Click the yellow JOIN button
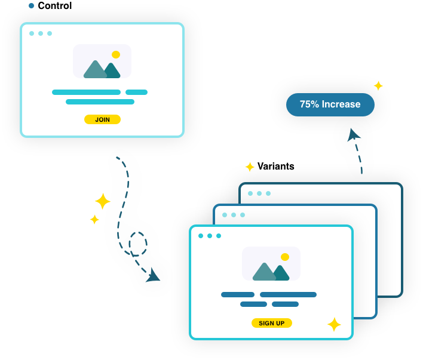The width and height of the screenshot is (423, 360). pos(102,119)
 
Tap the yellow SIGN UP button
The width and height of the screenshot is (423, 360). pos(272,323)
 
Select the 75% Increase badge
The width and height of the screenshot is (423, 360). pos(330,104)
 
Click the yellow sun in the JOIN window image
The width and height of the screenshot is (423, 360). pos(116,55)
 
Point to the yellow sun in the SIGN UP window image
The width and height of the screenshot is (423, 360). pos(285,257)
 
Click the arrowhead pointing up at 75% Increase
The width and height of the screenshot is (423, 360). pos(353,136)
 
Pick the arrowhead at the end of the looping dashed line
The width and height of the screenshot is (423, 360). pos(154,276)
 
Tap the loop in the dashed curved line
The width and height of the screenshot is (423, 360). pos(138,244)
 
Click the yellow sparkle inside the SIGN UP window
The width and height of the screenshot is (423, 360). pos(334,324)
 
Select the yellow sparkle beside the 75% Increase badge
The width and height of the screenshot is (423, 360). pos(378,85)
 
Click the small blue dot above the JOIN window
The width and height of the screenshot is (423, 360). pos(31,6)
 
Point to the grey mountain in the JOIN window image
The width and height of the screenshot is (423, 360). pos(94,70)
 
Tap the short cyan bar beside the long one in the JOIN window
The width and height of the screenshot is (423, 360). pos(136,93)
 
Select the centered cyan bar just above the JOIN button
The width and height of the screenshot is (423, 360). pos(100,102)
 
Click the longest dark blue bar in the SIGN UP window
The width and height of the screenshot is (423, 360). pos(288,294)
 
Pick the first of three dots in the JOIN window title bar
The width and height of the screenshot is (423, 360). pos(32,33)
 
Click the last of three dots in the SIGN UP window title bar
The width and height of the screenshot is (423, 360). pos(219,236)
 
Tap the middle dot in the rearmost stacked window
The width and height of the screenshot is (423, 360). pos(259,193)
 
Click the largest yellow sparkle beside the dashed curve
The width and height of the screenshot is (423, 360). pos(103,201)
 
